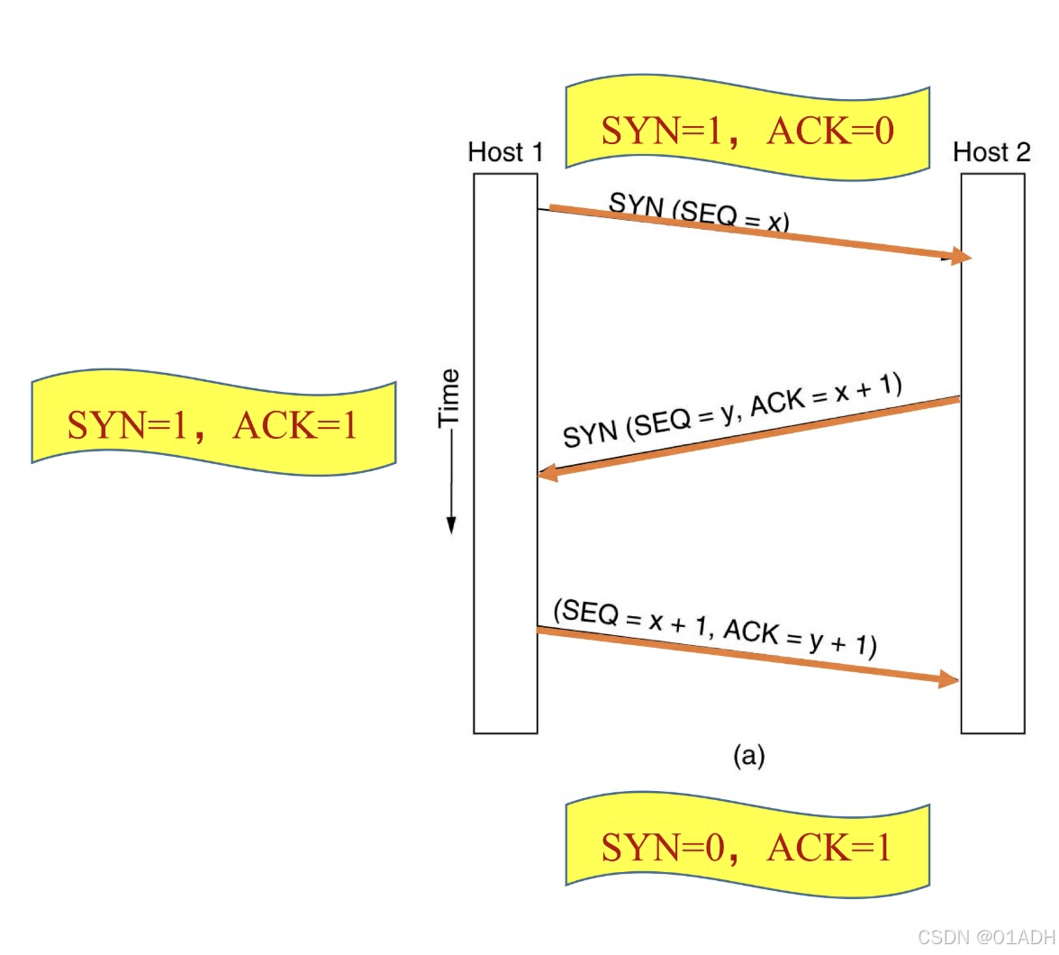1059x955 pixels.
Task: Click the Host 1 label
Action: (505, 152)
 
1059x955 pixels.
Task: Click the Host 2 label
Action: (991, 152)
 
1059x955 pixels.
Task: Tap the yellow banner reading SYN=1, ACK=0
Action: (747, 130)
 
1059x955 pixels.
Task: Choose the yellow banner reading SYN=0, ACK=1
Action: (747, 847)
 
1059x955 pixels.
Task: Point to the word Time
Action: (448, 397)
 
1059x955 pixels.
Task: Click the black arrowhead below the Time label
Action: (451, 524)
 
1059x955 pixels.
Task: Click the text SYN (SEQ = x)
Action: (699, 213)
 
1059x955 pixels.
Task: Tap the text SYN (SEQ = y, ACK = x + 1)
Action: (731, 411)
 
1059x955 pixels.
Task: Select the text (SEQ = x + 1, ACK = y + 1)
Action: (715, 628)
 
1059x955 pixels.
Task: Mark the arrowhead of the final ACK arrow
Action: (949, 679)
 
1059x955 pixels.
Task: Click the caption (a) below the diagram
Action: (748, 755)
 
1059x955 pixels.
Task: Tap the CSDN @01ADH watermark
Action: (985, 937)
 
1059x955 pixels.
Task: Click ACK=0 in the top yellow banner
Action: (830, 131)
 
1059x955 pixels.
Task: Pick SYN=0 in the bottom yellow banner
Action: (662, 848)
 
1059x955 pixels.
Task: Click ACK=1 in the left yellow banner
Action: (295, 424)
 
